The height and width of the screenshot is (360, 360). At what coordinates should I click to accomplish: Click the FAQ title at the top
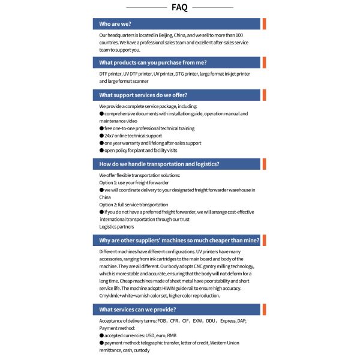[x=179, y=8]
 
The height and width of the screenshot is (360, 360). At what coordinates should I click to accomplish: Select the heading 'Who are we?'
[x=116, y=24]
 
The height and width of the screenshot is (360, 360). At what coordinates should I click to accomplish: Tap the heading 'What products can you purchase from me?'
[x=152, y=62]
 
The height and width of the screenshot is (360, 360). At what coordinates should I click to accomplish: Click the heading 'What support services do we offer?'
[x=143, y=95]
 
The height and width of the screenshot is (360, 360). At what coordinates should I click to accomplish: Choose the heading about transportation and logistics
[x=159, y=164]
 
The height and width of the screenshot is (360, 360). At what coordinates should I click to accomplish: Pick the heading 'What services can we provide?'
[x=137, y=310]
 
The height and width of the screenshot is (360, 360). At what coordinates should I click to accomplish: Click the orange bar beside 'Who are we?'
[x=264, y=24]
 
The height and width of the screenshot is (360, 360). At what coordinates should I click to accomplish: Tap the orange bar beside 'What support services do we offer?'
[x=264, y=95]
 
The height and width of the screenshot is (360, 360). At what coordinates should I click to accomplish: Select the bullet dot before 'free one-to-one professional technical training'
[x=101, y=128]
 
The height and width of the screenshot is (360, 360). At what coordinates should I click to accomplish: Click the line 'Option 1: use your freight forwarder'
[x=134, y=182]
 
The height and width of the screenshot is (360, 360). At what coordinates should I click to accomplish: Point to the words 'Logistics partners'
[x=116, y=227]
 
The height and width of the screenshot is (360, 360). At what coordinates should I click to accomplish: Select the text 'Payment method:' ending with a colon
[x=118, y=328]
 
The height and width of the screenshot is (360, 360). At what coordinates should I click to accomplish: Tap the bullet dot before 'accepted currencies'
[x=101, y=335]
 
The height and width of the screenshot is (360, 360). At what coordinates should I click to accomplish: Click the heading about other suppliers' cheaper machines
[x=179, y=240]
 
